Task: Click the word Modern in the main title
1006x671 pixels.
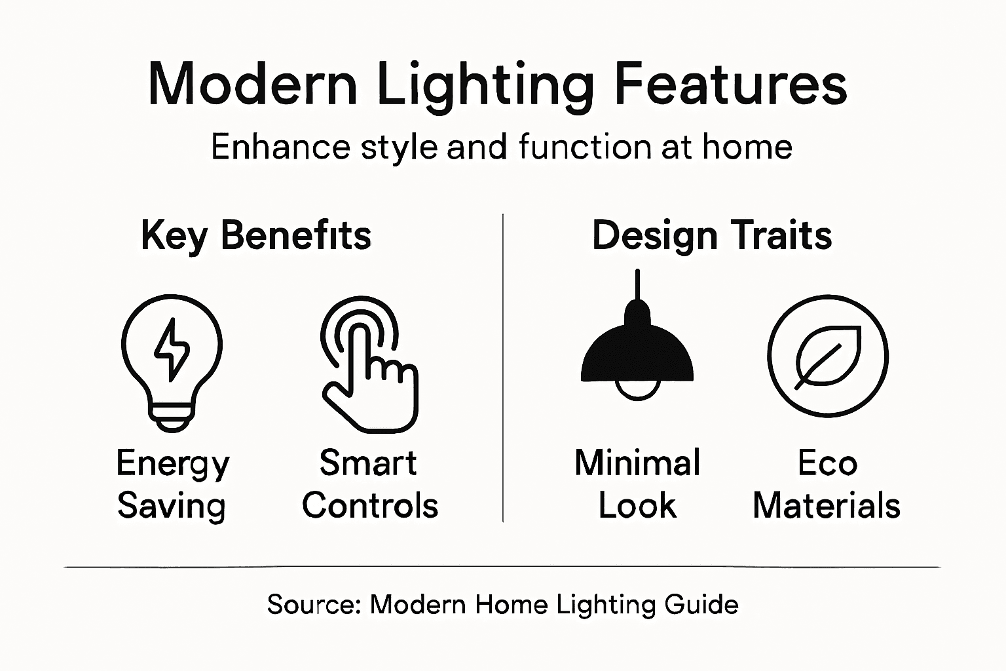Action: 253,84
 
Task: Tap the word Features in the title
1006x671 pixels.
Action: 730,84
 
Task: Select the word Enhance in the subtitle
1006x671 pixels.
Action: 280,147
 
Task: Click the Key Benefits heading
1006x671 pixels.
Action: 256,235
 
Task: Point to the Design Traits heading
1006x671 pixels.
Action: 712,235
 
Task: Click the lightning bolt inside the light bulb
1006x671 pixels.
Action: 172,349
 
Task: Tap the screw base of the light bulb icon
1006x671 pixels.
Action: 172,415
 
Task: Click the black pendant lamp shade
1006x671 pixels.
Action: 637,354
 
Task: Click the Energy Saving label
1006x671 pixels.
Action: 172,485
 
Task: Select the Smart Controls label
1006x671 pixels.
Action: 369,485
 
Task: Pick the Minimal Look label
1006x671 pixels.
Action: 637,485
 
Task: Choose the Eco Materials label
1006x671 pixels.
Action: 827,485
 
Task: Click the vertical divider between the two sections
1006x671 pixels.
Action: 502,367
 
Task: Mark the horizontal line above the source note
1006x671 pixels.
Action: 502,567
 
